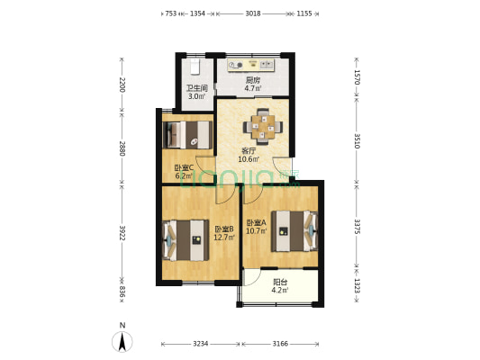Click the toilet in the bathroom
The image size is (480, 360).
coord(195,67)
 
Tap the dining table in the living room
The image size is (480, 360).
coord(263,127)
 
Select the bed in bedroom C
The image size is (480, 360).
coord(187,135)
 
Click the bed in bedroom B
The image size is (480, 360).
coord(186,240)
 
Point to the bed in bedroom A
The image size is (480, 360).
coord(294,231)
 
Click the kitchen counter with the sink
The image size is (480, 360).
coord(251,65)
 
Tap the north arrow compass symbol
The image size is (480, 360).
coord(122,341)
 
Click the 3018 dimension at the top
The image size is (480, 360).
coord(253,13)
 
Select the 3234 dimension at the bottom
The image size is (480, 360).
coord(201,344)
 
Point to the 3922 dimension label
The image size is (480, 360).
coord(122,233)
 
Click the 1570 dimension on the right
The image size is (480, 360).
coord(357,77)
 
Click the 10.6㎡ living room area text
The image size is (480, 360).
coord(249,159)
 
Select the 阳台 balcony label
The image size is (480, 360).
coord(280,282)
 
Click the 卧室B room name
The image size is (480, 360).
coord(224,229)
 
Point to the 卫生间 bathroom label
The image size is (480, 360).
coord(197,88)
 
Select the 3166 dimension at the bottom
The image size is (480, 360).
coord(280,344)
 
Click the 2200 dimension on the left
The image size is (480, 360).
coord(122,85)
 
